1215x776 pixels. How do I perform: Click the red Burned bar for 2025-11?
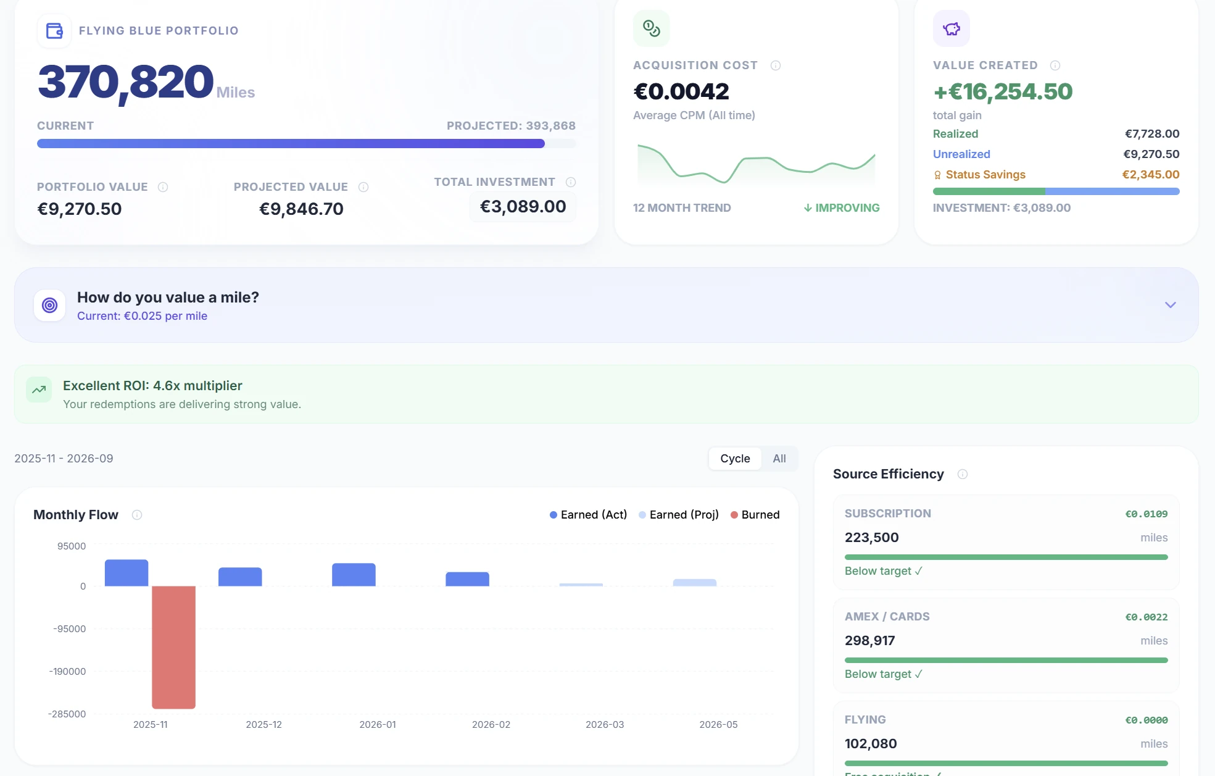pos(173,646)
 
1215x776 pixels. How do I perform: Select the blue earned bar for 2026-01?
pos(354,575)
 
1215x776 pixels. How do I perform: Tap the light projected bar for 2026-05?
pos(694,582)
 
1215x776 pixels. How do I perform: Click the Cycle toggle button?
pos(735,459)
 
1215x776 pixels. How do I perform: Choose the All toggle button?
pos(779,459)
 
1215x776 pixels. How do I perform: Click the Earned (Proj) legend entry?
pos(679,515)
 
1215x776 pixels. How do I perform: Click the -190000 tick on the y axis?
pos(67,672)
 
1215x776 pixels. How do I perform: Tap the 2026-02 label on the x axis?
pos(491,725)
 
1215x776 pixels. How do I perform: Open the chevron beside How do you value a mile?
pos(1170,305)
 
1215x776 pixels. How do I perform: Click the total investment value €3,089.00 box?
pos(523,207)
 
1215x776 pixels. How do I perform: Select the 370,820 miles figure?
pos(126,82)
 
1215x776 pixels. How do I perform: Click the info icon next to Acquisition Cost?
pos(776,65)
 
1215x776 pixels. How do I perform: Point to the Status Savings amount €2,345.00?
pos(1150,175)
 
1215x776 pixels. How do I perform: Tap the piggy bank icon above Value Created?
pos(952,28)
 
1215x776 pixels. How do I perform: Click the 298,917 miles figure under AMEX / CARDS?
pos(869,641)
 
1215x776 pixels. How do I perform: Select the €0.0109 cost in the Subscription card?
pos(1146,514)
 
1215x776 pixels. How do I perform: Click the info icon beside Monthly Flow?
pos(137,515)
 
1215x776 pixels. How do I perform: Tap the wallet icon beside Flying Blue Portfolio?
pos(54,31)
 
